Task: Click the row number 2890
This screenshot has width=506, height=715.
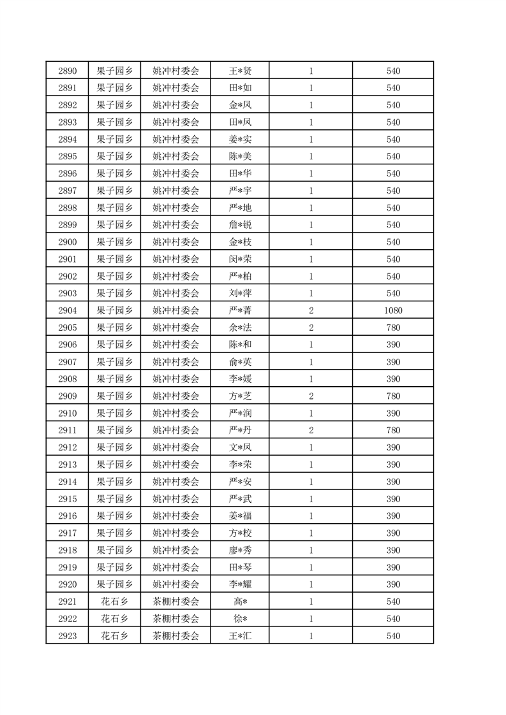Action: [x=67, y=71]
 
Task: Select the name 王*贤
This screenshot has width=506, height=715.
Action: [x=240, y=71]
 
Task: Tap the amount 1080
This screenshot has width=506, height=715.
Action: [x=393, y=311]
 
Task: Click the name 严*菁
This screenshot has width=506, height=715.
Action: [x=240, y=311]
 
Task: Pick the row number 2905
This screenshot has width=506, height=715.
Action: [x=67, y=328]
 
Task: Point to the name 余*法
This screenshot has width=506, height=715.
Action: [x=240, y=328]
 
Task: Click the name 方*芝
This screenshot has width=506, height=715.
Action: [x=240, y=396]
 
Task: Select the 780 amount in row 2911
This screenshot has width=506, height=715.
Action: [x=393, y=431]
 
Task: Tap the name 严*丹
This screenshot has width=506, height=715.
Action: [x=240, y=431]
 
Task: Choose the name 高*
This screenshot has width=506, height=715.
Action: [x=240, y=602]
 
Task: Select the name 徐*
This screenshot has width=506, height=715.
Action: [x=240, y=619]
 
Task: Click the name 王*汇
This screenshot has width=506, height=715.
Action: [x=240, y=637]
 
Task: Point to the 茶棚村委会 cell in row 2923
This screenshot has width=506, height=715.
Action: [x=176, y=637]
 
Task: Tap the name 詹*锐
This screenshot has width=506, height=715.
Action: [x=240, y=225]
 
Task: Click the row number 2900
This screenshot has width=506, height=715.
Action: [x=67, y=242]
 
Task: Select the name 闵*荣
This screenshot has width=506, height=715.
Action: [x=240, y=259]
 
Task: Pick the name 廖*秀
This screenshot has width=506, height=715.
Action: [x=240, y=551]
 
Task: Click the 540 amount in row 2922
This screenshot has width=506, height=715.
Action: [x=393, y=619]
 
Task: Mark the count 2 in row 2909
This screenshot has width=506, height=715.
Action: [x=311, y=396]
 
